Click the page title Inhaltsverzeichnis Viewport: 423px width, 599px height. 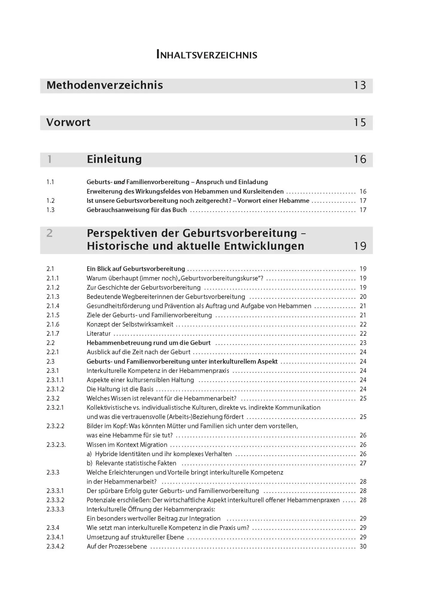coord(207,55)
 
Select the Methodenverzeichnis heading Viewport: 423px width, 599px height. coord(105,85)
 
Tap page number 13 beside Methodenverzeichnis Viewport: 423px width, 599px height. coord(360,85)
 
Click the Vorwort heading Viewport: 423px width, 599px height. coord(68,122)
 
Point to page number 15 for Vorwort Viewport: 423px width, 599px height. coord(360,122)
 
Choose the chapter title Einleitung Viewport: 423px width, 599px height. coord(114,159)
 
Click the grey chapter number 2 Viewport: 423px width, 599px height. coord(50,233)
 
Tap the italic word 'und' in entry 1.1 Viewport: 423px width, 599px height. coord(119,182)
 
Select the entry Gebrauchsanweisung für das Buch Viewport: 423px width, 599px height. coord(137,210)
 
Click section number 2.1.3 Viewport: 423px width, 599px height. coord(53,297)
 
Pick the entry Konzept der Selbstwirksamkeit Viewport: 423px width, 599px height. coord(130,324)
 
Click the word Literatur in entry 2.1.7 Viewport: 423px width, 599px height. coord(98,334)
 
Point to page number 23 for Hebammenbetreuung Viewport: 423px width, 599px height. coord(363,343)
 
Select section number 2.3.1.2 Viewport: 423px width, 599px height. coord(55,389)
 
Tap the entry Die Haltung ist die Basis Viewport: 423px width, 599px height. coord(120,389)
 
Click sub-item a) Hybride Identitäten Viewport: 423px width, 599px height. coord(159,454)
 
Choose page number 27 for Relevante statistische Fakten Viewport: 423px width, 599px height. coord(363,463)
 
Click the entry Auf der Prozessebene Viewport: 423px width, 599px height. coord(117,546)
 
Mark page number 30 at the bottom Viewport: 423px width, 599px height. coord(363,546)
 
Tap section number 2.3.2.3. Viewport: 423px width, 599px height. coord(56,445)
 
